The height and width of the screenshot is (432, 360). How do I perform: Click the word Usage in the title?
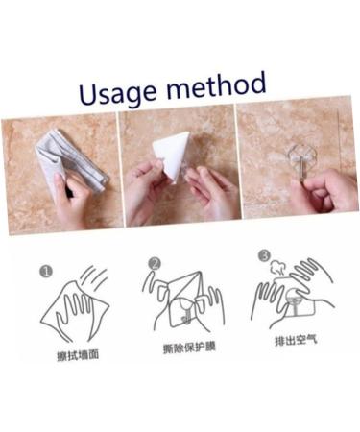tap(118, 91)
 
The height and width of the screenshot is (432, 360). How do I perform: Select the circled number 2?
tap(155, 262)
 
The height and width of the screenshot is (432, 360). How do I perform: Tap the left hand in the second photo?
tap(144, 187)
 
